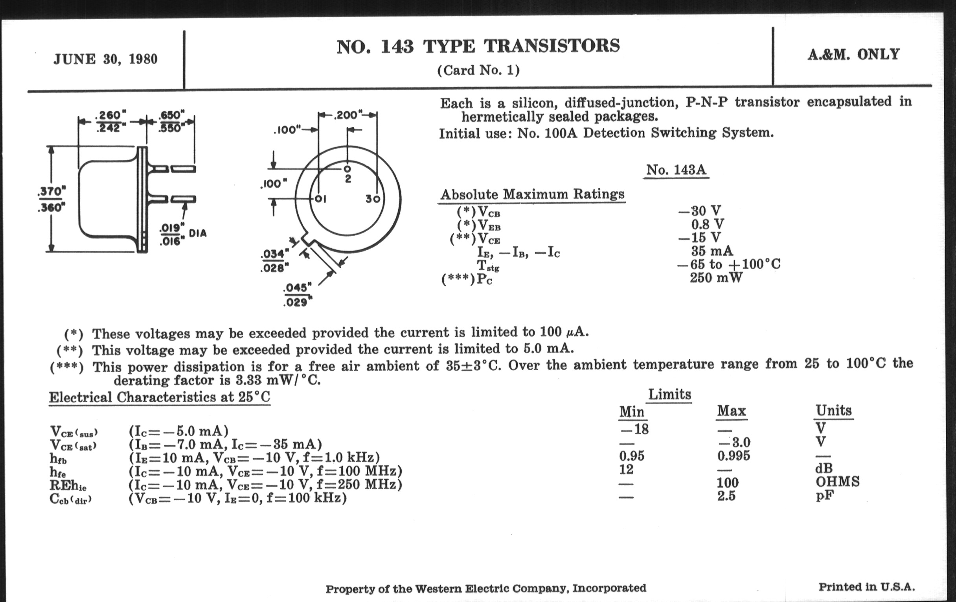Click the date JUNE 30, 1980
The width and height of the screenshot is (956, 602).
pyautogui.click(x=106, y=59)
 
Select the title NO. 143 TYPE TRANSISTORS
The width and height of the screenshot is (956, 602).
pyautogui.click(x=478, y=46)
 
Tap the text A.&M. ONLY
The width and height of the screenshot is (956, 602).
pyautogui.click(x=853, y=54)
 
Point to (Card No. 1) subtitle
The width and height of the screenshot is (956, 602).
pyautogui.click(x=478, y=70)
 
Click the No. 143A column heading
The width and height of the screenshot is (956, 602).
pyautogui.click(x=676, y=170)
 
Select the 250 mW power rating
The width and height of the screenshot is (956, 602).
pyautogui.click(x=715, y=278)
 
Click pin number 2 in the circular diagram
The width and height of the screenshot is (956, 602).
pyautogui.click(x=348, y=179)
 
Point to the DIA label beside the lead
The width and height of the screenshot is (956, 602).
pyautogui.click(x=198, y=233)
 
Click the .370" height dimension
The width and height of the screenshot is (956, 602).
pyautogui.click(x=51, y=192)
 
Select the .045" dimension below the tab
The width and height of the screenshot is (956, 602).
pyautogui.click(x=298, y=287)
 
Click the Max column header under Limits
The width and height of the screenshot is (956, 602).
pyautogui.click(x=732, y=411)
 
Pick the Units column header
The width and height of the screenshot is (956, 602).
pyautogui.click(x=834, y=410)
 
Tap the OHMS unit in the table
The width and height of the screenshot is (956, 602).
pyautogui.click(x=838, y=482)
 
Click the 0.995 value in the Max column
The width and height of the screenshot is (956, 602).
pyautogui.click(x=734, y=456)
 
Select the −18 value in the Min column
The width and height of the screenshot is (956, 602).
pyautogui.click(x=634, y=429)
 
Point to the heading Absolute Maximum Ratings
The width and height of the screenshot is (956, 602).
pyautogui.click(x=532, y=194)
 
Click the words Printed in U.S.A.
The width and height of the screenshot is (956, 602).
pyautogui.click(x=867, y=587)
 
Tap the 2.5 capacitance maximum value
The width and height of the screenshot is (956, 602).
pyautogui.click(x=726, y=496)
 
